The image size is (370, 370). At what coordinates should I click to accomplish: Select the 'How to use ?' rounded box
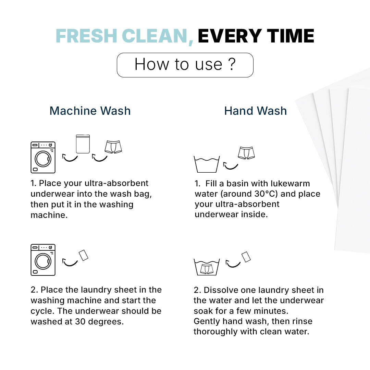[185, 65]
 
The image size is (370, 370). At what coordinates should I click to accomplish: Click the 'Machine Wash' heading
[90, 111]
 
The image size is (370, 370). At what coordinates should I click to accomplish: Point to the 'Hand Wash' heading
[256, 111]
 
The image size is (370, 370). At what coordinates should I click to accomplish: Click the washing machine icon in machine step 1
[43, 157]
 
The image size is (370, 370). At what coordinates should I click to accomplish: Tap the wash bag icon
[83, 144]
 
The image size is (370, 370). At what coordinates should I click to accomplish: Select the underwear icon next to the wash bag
[113, 147]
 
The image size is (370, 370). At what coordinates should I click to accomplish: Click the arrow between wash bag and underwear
[100, 158]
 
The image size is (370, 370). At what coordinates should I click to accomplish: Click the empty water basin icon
[207, 164]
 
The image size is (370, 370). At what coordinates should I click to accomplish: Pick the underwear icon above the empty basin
[247, 153]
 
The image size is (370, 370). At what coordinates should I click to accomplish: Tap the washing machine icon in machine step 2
[43, 260]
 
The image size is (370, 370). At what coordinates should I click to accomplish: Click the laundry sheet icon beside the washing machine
[84, 255]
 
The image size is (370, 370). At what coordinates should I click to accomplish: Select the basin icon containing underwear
[207, 267]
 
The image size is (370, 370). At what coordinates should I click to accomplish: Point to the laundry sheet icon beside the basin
[246, 257]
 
